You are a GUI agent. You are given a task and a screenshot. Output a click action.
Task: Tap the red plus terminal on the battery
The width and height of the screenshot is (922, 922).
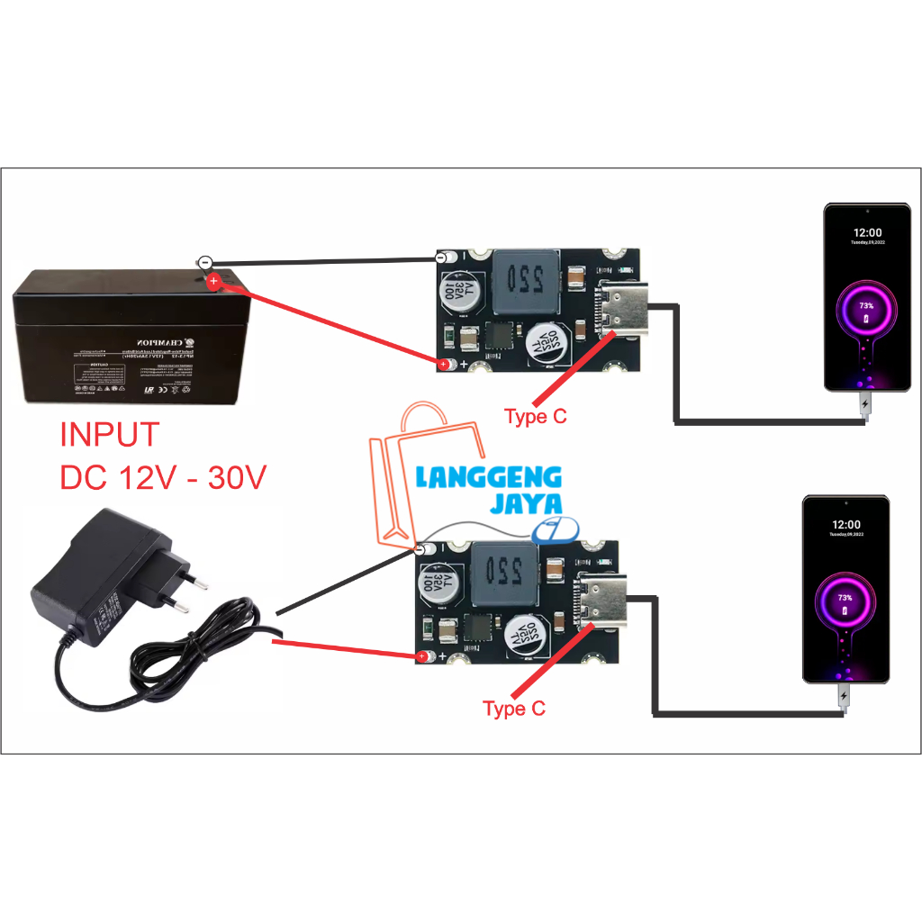click(x=213, y=282)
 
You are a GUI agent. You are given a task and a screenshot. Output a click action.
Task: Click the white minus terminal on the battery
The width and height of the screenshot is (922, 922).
click(x=205, y=262)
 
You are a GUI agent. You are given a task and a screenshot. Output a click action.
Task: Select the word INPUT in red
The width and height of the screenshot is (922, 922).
click(x=109, y=435)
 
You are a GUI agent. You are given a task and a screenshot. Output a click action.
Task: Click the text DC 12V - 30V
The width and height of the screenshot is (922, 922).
click(x=163, y=477)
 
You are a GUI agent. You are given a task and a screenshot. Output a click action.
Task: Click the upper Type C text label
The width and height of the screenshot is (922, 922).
click(x=536, y=417)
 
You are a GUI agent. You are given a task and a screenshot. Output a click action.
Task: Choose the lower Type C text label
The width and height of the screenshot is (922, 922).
click(x=514, y=709)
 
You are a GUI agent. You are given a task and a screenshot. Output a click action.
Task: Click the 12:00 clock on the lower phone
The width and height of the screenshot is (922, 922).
click(x=845, y=524)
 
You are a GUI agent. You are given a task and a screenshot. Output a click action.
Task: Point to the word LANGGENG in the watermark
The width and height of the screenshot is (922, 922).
click(x=488, y=477)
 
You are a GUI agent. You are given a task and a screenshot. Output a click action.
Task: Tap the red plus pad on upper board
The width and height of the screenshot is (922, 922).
click(x=445, y=365)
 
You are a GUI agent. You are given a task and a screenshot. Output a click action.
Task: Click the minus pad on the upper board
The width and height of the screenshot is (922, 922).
click(x=441, y=258)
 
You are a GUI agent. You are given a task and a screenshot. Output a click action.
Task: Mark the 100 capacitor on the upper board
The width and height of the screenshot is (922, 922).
click(x=455, y=292)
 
